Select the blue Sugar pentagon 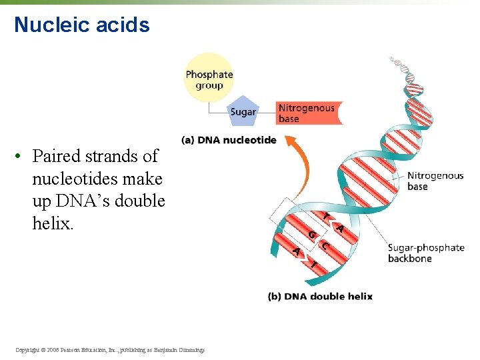(243, 111)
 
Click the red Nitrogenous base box (305, 113)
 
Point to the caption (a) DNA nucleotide (228, 140)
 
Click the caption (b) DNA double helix (320, 296)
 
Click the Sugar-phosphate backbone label (425, 253)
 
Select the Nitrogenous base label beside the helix (435, 181)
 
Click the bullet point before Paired (21, 157)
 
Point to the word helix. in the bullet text (53, 223)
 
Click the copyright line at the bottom (109, 349)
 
